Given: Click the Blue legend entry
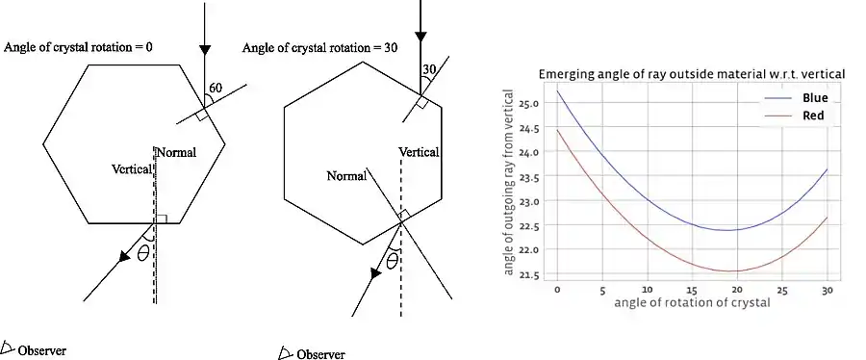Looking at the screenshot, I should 814,98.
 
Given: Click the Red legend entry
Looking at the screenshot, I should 813,116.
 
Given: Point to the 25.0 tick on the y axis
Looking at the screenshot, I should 529,103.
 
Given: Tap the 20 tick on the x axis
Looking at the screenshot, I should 738,289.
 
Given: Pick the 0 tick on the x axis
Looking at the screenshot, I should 558,289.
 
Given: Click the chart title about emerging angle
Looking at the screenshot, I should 691,74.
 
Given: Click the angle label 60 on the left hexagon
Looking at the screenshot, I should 216,88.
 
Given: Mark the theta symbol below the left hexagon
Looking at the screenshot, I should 143,254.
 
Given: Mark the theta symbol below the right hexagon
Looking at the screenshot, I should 392,260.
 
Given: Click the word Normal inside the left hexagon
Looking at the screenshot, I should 176,153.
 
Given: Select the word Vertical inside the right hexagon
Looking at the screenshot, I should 420,152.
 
